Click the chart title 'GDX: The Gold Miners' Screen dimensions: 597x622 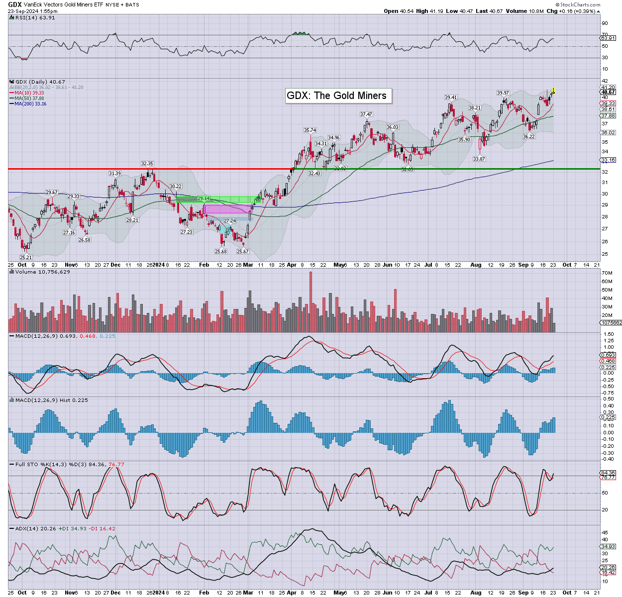point(337,96)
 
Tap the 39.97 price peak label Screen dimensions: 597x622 point(503,93)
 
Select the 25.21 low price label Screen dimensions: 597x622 point(26,258)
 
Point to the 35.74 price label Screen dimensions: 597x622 point(310,130)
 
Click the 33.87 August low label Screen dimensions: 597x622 point(479,159)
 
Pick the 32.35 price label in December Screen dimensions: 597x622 point(147,164)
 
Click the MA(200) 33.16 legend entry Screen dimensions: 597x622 point(30,104)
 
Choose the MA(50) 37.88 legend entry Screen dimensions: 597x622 point(29,99)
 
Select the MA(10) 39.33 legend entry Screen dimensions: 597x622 point(29,93)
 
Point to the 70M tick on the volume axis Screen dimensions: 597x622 point(607,273)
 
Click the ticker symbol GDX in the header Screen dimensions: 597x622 point(14,4)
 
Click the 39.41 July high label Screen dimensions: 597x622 point(451,98)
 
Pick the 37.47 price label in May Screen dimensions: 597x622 point(366,114)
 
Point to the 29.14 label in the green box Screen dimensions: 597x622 point(204,199)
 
